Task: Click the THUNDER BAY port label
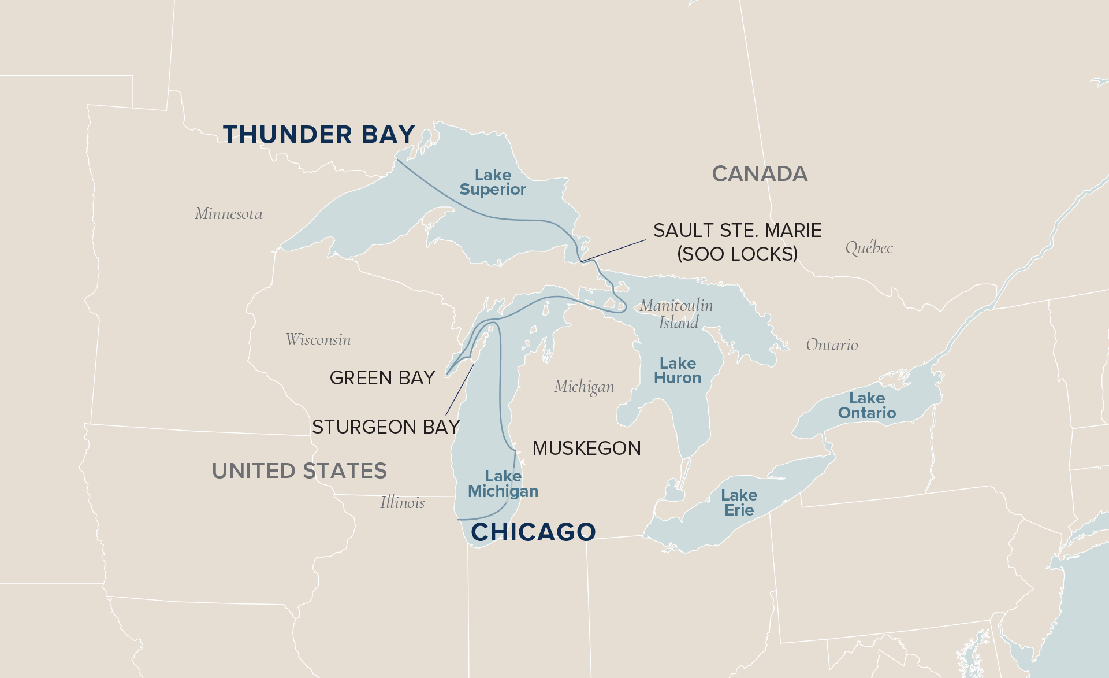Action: [x=319, y=135]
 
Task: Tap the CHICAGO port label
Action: [x=533, y=532]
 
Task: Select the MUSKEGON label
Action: [x=586, y=449]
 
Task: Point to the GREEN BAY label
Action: [x=382, y=378]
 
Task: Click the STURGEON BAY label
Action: [x=385, y=427]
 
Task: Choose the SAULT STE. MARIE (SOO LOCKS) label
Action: [x=737, y=242]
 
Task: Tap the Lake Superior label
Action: [x=493, y=183]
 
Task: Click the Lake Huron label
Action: [x=678, y=371]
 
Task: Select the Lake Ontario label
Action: [x=867, y=406]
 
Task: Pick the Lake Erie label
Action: [x=739, y=503]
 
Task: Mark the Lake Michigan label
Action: [x=503, y=484]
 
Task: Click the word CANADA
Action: [x=760, y=174]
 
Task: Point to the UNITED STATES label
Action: [x=299, y=471]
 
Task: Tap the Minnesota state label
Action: [x=229, y=214]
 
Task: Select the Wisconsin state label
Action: [x=318, y=340]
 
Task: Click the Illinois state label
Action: [x=402, y=503]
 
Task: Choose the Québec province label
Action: [x=869, y=248]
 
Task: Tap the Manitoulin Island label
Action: [x=676, y=314]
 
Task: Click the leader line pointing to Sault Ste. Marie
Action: [x=613, y=251]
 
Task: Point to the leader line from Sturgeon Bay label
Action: [x=460, y=390]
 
